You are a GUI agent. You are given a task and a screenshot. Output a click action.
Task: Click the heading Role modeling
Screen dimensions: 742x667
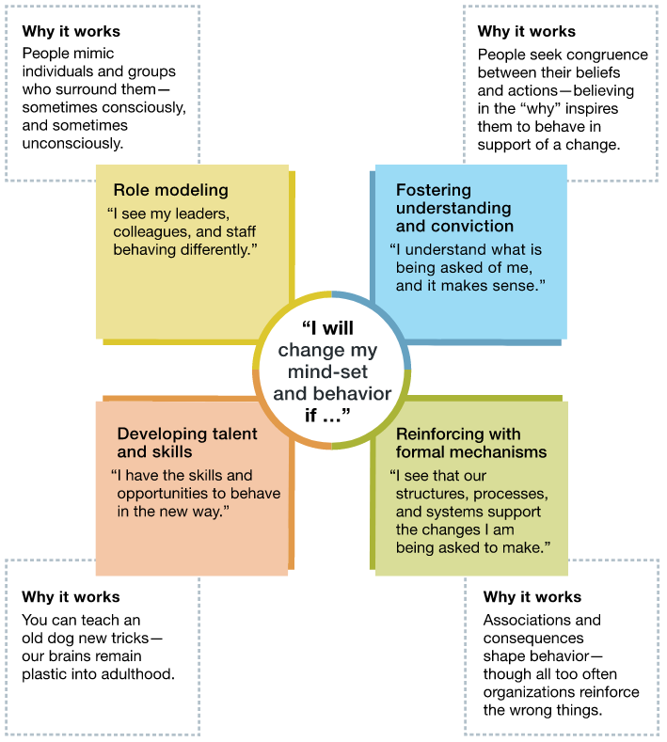170,190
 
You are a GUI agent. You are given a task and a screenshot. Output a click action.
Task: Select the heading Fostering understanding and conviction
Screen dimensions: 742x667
454,208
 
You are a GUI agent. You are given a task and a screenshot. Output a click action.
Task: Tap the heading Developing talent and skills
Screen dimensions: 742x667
187,443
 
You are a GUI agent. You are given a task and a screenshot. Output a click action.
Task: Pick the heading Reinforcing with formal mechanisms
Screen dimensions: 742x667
471,443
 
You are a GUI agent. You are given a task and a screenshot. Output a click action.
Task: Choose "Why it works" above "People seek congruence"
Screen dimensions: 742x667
527,32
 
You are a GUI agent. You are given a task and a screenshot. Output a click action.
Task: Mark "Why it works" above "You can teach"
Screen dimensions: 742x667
71,597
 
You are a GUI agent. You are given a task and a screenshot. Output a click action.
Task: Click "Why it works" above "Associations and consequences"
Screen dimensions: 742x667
532,597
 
